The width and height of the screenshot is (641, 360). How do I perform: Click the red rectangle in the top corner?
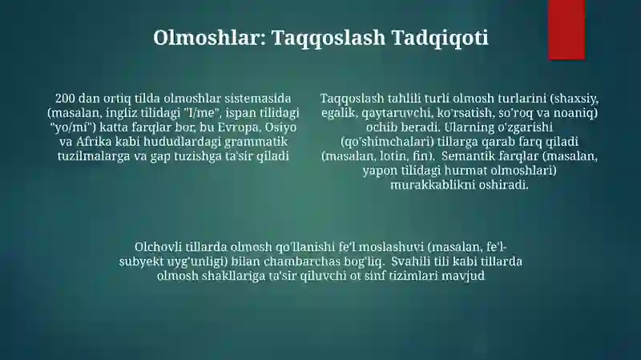click(566, 30)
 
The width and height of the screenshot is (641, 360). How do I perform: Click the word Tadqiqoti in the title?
click(440, 38)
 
